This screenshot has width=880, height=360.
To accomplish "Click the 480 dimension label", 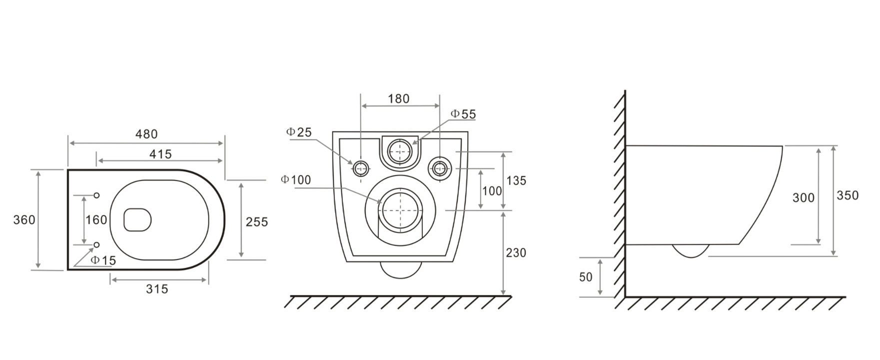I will pos(146,134).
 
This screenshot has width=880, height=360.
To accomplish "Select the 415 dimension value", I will pos(160,154).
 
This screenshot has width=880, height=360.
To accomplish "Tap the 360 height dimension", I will pos(24,219).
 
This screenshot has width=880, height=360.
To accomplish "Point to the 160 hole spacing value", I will pos(96,220).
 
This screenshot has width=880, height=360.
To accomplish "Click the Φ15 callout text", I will pos(103,260).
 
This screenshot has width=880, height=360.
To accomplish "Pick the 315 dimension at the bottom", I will pos(157,288).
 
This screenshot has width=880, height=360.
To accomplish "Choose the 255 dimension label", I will pos(256,221).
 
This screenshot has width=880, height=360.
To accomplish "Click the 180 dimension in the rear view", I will pos(399,98).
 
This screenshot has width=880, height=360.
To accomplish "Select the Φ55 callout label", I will pos(463,114).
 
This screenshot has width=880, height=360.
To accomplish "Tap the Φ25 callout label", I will pos(299,132).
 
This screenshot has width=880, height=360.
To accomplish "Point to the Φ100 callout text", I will pos(296,179).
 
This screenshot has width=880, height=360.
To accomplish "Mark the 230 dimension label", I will pos(516,252).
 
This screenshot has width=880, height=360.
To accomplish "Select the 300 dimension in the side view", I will pos(804,198).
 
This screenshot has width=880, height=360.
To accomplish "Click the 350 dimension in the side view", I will pos(848,195).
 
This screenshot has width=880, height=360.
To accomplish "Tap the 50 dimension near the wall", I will pos(586,276).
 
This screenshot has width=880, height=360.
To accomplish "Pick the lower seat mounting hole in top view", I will pos(97,244).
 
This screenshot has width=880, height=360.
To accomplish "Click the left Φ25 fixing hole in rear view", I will pos(360,168).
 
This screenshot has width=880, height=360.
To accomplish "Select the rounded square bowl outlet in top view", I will pos(137,219).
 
